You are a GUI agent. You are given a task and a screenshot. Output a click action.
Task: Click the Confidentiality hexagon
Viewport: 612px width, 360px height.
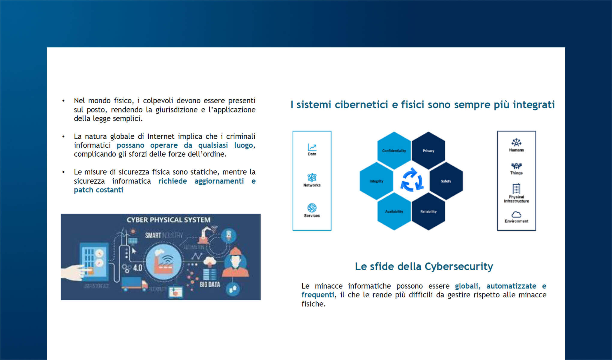click(394, 151)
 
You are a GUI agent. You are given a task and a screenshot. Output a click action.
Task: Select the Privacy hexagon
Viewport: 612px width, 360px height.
click(428, 151)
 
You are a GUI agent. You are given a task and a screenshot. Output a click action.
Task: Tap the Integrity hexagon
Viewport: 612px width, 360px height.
click(376, 181)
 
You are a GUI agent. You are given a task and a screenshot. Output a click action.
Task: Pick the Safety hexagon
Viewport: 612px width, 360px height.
click(446, 181)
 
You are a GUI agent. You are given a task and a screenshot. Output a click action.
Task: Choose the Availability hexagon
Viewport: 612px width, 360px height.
click(394, 211)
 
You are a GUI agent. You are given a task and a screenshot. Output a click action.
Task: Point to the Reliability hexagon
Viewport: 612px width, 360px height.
click(428, 211)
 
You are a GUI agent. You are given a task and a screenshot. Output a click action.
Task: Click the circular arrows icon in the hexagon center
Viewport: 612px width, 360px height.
click(412, 180)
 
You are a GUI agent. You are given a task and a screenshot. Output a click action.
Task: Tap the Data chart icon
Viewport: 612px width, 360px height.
click(312, 147)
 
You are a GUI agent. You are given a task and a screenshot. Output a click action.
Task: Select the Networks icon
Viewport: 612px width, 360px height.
click(312, 177)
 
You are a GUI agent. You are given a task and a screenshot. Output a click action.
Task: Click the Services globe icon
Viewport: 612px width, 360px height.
click(312, 208)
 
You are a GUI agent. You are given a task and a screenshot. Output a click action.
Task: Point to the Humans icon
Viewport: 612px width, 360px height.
click(516, 142)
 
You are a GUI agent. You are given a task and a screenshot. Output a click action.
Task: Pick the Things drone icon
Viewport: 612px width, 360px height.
click(516, 166)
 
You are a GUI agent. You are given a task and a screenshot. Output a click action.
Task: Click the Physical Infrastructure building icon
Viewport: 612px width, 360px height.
click(516, 189)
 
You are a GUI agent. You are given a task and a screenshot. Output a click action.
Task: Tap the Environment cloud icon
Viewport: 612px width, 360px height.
click(516, 214)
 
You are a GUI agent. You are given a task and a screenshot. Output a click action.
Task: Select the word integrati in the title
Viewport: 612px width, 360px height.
click(534, 105)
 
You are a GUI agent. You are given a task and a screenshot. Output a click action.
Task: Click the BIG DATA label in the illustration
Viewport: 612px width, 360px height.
click(210, 284)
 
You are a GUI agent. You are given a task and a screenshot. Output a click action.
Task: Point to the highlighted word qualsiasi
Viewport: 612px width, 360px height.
click(213, 145)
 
